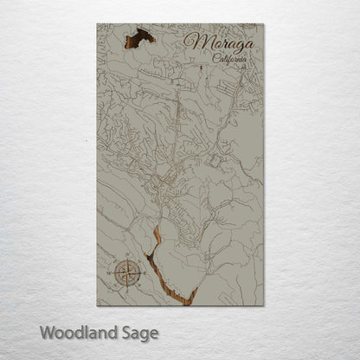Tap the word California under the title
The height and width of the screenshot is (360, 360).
pos(229,59)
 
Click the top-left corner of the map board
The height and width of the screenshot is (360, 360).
pos(97,23)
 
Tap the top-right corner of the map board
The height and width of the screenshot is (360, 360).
pos(264,23)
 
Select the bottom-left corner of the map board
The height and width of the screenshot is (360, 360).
pos(97,305)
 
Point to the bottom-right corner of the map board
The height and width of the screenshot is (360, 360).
pos(264,305)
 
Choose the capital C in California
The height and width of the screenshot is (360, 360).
pos(215,58)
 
